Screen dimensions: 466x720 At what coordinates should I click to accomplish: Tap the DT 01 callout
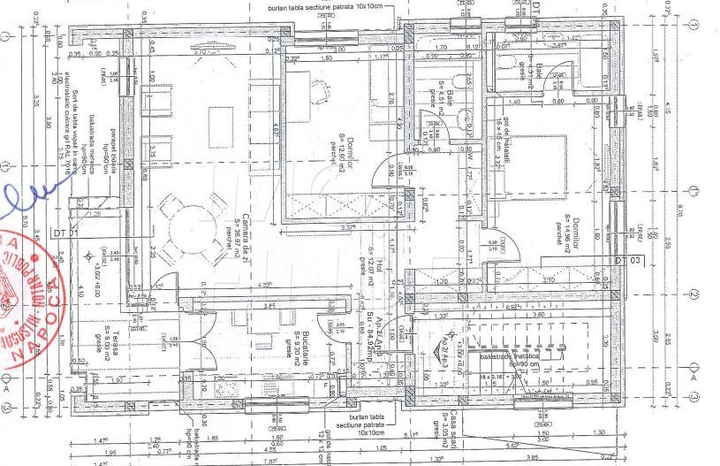tap(61, 233)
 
